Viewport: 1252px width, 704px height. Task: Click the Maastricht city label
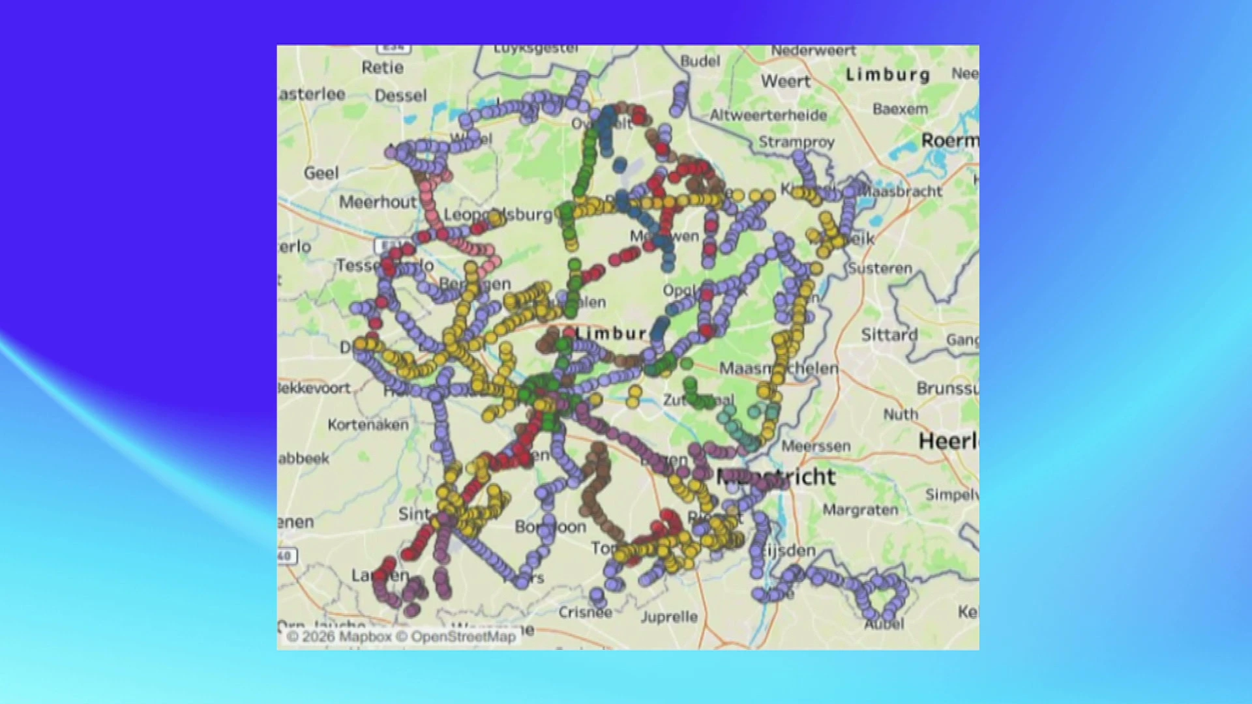point(776,477)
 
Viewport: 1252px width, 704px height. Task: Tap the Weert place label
point(786,81)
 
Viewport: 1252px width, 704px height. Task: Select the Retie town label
point(383,67)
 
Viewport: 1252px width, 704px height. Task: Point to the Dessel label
point(400,96)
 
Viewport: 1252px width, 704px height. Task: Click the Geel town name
point(321,173)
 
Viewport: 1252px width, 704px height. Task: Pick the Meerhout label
point(378,202)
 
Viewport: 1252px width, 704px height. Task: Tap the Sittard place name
point(889,335)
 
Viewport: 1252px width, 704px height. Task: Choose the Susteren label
point(880,268)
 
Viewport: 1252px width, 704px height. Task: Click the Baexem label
point(900,109)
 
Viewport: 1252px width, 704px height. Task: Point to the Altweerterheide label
point(768,115)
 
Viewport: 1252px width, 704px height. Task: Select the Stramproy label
point(796,142)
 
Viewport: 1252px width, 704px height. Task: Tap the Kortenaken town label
point(368,425)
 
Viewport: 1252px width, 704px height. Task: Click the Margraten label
point(860,510)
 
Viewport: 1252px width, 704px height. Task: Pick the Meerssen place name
point(816,447)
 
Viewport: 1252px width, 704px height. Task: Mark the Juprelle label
point(669,617)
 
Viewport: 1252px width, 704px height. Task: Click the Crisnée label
point(585,612)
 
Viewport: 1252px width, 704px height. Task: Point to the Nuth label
point(901,414)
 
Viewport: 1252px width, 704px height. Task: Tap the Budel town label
point(700,61)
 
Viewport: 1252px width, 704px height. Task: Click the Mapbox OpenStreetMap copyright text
point(401,636)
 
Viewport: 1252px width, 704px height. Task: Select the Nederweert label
point(813,51)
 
